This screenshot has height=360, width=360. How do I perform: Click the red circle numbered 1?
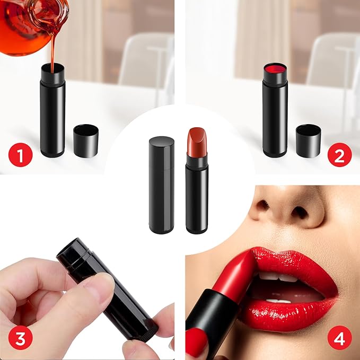coord(20,156)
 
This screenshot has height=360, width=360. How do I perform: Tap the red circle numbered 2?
coord(340,156)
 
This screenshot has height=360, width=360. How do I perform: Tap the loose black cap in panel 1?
coord(85,140)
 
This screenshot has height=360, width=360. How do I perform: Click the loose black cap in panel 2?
coord(308,141)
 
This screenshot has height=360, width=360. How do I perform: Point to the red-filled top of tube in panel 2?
coord(275,69)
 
